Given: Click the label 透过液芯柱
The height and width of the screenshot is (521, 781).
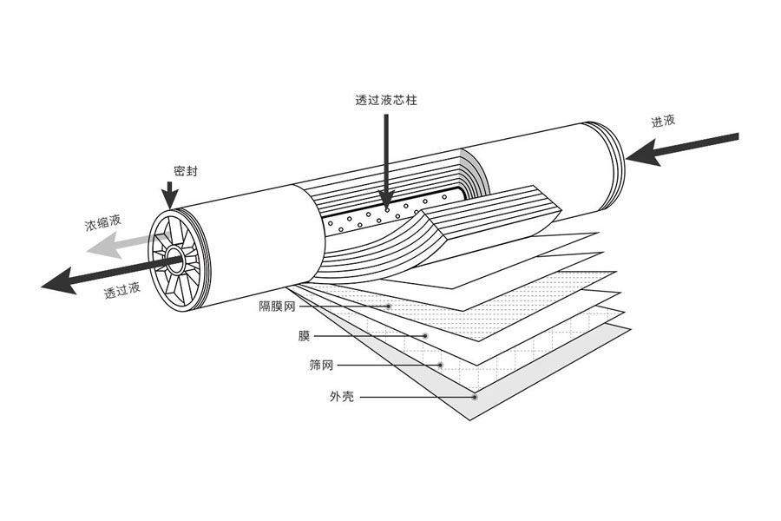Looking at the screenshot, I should tap(386, 101).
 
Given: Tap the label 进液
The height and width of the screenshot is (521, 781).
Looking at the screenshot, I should tap(664, 122).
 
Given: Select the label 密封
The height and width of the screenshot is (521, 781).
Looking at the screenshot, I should tap(186, 172).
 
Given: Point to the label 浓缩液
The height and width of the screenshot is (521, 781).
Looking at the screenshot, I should tap(102, 225).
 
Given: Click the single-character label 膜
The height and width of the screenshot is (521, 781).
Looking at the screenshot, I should tap(304, 335).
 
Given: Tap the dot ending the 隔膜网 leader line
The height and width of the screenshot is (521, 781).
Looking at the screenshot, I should tap(390, 307).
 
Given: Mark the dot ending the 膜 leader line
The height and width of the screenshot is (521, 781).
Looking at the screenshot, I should tap(425, 335).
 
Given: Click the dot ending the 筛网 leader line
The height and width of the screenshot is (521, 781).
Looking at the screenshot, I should tap(441, 365).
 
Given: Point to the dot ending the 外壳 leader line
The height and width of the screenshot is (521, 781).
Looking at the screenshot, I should tap(475, 397).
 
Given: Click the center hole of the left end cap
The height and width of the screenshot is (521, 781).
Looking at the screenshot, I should tap(175, 258).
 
